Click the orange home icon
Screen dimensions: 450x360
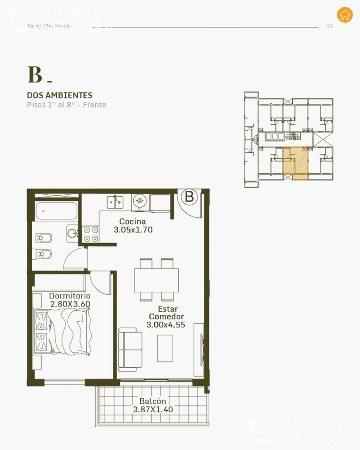pos(345,15)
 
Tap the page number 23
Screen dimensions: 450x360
pos(330,26)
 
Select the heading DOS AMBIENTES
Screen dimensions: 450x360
pos(60,95)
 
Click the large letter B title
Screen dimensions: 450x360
pos(35,75)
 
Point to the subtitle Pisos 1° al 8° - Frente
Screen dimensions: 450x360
pos(66,105)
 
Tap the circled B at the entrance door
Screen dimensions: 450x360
pos(189,197)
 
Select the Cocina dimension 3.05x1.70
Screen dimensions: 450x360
pos(133,230)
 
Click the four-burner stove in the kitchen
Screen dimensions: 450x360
pos(91,233)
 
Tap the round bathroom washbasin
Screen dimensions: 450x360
pos(72,233)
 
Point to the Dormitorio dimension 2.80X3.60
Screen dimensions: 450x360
pos(70,304)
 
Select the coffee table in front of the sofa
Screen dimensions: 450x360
pos(165,348)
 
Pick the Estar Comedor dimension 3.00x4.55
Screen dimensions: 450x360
pos(166,325)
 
